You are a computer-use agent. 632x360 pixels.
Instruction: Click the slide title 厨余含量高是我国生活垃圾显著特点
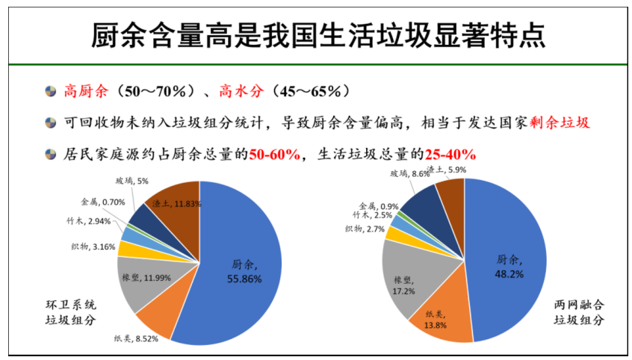pos(317,34)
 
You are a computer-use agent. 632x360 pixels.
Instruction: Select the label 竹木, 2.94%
pos(89,220)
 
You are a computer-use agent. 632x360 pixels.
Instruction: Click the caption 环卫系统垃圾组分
pos(71,312)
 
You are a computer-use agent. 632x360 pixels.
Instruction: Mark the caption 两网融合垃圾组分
pos(579,312)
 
